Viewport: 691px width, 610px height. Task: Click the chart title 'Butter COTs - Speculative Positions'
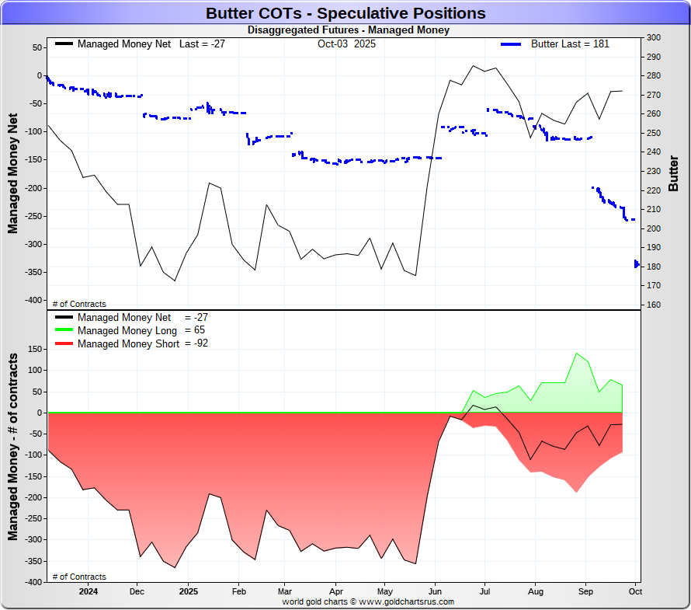pyautogui.click(x=345, y=13)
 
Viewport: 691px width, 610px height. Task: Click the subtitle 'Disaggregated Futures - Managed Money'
pyautogui.click(x=348, y=30)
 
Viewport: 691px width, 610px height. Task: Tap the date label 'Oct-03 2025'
pyautogui.click(x=346, y=44)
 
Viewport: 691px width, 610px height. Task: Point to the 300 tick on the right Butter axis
pyautogui.click(x=653, y=37)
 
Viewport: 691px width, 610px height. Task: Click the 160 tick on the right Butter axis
pyautogui.click(x=653, y=305)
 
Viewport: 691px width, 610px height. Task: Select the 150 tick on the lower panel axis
pyautogui.click(x=33, y=349)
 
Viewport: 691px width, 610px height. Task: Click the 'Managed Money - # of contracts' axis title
pyautogui.click(x=13, y=447)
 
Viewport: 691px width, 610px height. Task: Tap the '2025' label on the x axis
pyautogui.click(x=189, y=591)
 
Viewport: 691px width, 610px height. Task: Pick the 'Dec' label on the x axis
pyautogui.click(x=137, y=591)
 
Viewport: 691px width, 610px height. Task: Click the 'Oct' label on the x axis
pyautogui.click(x=634, y=591)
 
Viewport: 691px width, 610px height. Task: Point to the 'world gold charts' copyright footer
pyautogui.click(x=368, y=601)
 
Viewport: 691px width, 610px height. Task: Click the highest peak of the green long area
pyautogui.click(x=577, y=354)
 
